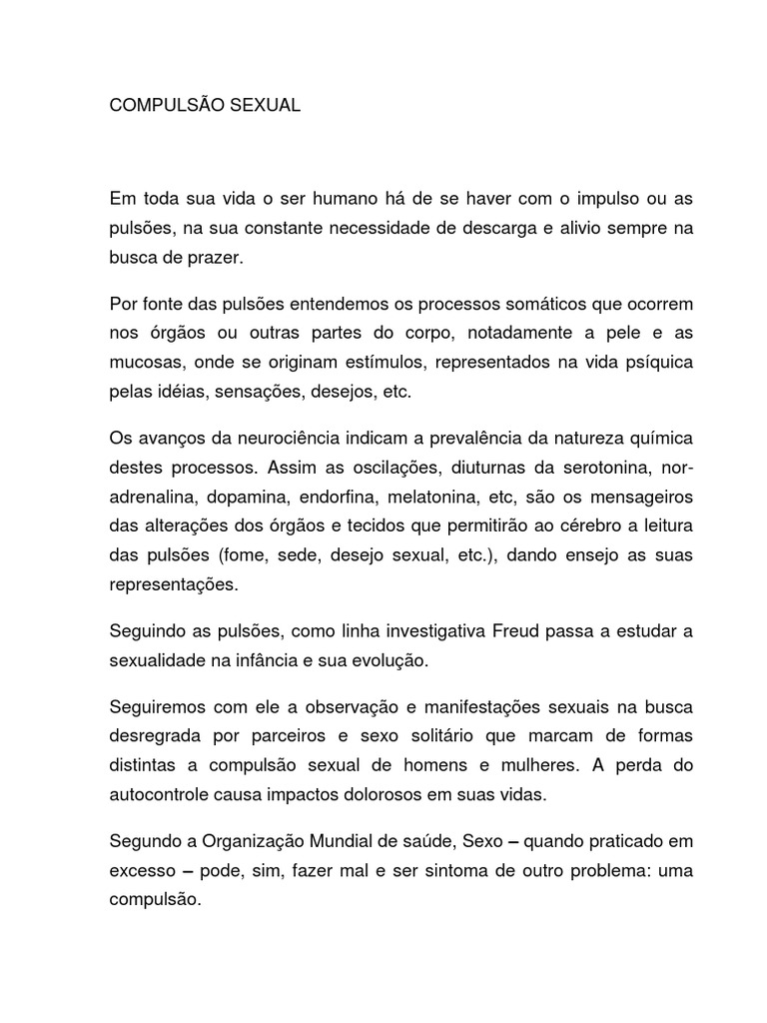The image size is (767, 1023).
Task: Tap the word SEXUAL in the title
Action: point(265,105)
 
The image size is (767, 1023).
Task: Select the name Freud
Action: point(518,632)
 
